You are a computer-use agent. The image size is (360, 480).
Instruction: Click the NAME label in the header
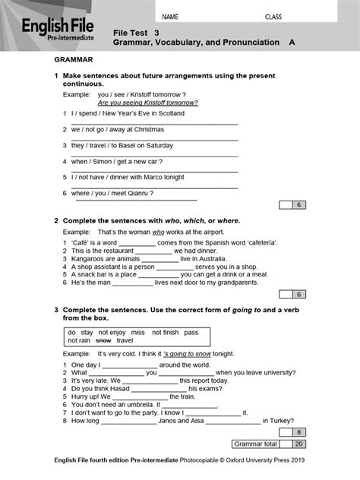coord(170,16)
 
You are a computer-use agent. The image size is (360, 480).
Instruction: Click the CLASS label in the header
coord(273,16)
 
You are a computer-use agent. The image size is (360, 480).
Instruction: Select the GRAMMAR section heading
coord(74,58)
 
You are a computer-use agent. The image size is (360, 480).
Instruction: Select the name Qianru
coord(137,193)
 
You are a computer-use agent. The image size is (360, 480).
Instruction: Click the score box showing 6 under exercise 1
coord(299,205)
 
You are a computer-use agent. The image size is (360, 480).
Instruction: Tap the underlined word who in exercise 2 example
coord(158,231)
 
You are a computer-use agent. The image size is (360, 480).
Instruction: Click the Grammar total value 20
coord(299,444)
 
